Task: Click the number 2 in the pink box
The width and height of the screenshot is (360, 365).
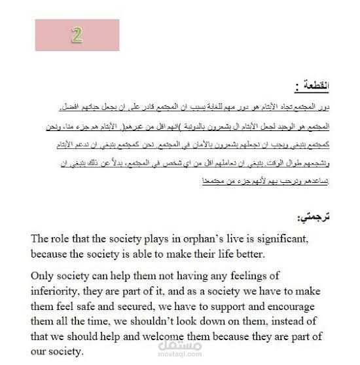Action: coord(77,35)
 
